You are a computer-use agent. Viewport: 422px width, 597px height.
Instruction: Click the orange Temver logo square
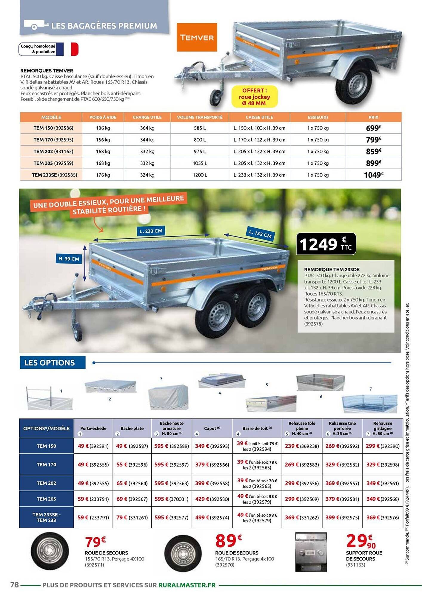coord(197,37)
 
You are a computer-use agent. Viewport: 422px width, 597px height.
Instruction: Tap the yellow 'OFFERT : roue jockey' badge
coord(254,97)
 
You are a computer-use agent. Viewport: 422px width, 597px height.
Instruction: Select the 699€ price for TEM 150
coord(373,128)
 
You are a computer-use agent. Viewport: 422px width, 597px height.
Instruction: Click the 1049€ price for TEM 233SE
coord(373,175)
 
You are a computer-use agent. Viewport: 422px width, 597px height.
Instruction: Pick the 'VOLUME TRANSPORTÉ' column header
coord(200,117)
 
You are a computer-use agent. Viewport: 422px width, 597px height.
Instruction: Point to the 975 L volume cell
coord(200,152)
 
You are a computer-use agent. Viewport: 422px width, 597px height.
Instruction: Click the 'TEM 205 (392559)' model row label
coord(53,163)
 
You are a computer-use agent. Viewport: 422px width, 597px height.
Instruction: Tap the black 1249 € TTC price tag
coord(326,244)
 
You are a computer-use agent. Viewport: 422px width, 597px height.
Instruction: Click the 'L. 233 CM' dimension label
coord(151,231)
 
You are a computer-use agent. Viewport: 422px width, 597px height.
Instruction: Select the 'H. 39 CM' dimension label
coord(69,259)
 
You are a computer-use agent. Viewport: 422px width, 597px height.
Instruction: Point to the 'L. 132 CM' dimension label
coord(260,233)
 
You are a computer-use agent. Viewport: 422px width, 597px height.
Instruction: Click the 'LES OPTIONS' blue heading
coord(50,363)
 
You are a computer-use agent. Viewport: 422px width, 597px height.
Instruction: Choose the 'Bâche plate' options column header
coord(132,428)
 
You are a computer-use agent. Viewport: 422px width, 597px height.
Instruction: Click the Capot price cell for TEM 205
coord(212,499)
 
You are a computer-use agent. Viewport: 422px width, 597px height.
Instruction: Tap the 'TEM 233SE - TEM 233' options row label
coord(46,517)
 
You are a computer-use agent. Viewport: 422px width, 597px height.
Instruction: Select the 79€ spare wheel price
coord(95,541)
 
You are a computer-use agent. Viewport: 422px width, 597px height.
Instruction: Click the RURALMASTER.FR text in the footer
coord(187,585)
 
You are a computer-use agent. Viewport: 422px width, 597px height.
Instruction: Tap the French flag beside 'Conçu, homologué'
coord(67,49)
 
